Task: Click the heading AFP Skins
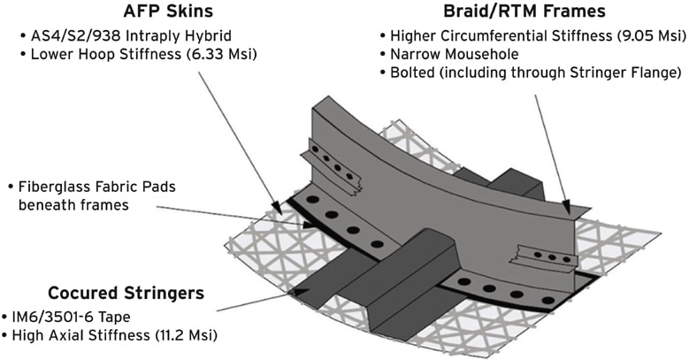pyautogui.click(x=168, y=11)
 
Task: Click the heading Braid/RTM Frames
pyautogui.click(x=524, y=11)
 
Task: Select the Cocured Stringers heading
pyautogui.click(x=126, y=293)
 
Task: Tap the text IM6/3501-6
pyautogui.click(x=52, y=318)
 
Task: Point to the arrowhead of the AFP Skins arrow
pyautogui.click(x=277, y=207)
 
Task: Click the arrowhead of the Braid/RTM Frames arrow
pyautogui.click(x=567, y=207)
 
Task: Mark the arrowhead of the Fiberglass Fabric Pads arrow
pyautogui.click(x=310, y=225)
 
